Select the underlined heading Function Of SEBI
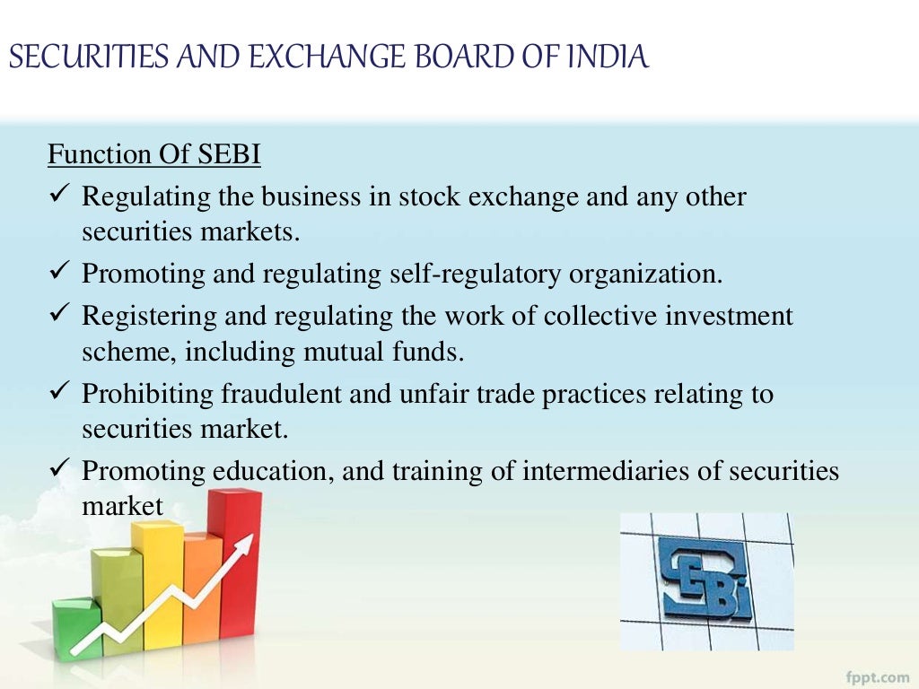153,155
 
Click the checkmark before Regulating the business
59,195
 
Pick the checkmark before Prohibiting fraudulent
59,392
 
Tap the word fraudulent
270,394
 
